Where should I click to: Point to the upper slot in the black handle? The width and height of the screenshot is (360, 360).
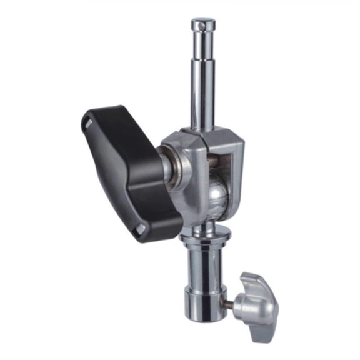coord(87,126)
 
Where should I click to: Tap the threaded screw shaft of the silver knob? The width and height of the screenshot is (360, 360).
coord(229,304)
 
